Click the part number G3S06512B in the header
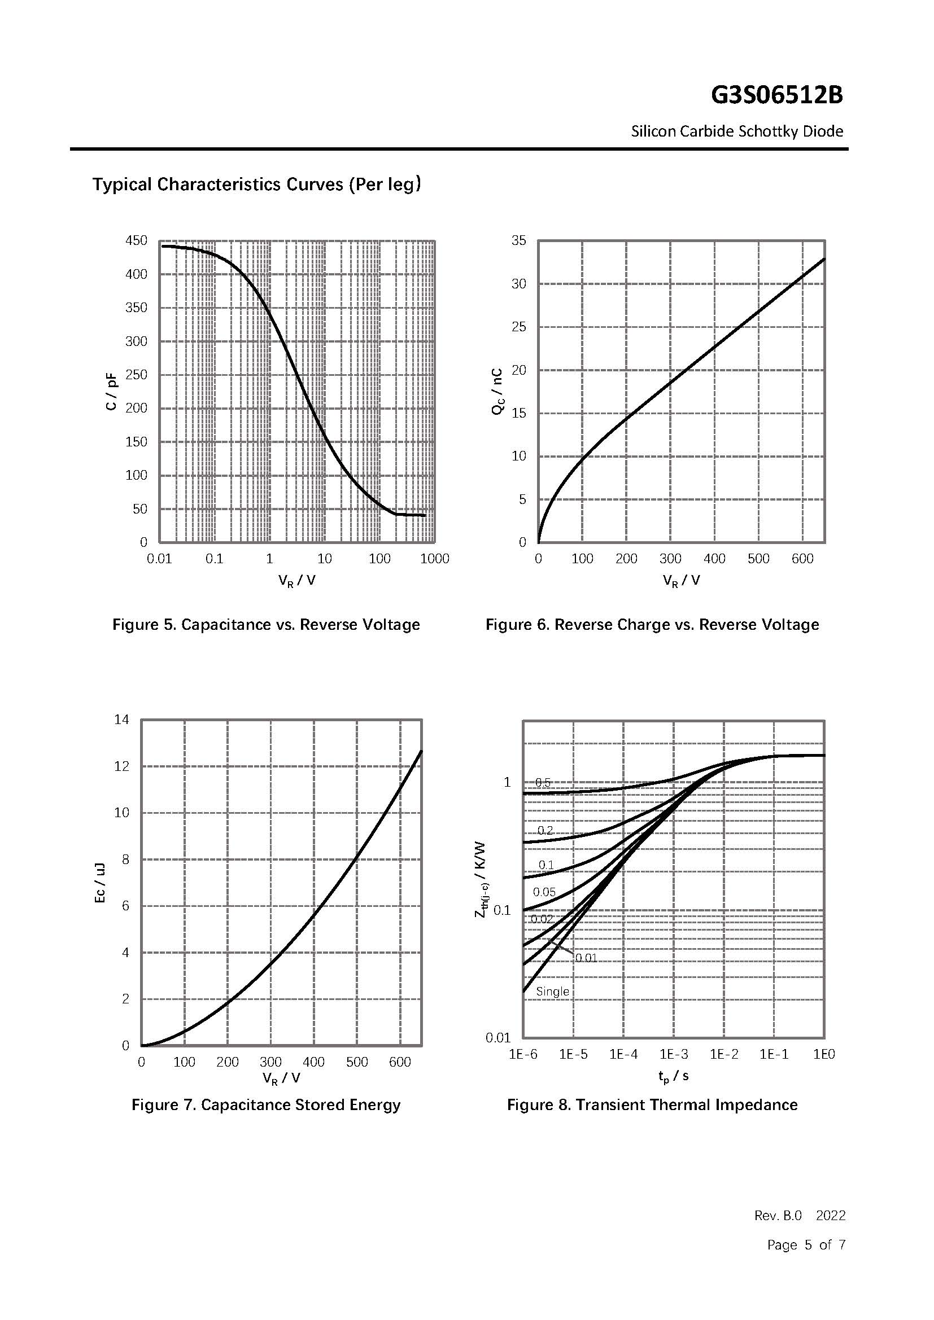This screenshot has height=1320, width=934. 776,95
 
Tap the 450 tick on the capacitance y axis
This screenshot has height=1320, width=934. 136,240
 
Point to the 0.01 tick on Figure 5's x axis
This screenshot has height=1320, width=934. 159,559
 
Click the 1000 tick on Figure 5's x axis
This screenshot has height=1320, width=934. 434,559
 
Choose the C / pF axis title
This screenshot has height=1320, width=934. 111,391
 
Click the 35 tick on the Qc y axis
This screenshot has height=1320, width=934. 519,240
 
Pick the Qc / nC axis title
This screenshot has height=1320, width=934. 497,391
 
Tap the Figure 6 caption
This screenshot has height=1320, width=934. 652,625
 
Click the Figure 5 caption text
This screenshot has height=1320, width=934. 266,625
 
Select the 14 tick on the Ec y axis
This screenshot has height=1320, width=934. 122,720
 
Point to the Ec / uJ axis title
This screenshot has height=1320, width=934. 99,883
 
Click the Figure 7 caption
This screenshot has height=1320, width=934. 266,1105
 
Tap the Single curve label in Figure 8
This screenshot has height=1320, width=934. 552,991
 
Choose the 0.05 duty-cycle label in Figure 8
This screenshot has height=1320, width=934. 544,892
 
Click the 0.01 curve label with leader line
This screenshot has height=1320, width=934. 586,958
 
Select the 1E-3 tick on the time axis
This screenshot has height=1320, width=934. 674,1054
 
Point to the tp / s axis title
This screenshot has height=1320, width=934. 674,1075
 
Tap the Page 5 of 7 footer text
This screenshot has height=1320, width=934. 806,1245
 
